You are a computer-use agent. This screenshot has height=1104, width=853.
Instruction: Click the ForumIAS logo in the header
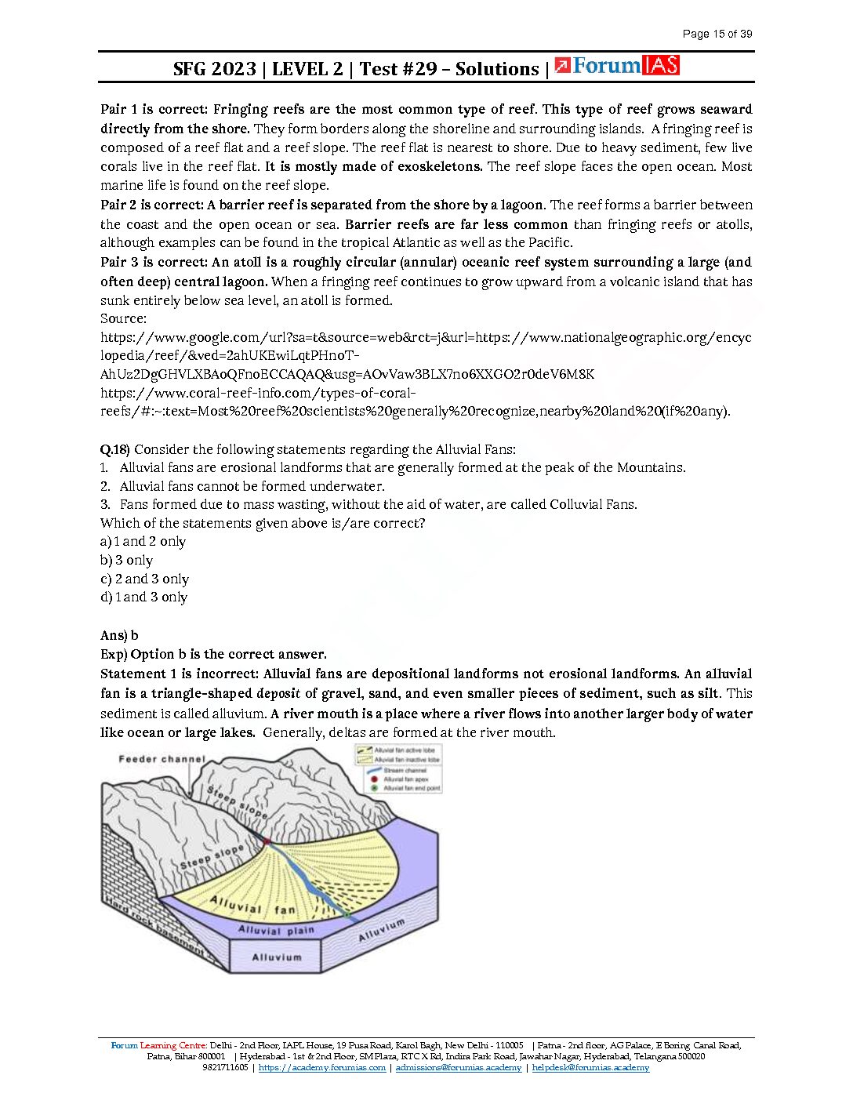click(617, 66)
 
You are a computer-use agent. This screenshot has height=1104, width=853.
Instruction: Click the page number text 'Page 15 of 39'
click(717, 34)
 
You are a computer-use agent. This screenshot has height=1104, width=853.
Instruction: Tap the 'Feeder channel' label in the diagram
click(162, 759)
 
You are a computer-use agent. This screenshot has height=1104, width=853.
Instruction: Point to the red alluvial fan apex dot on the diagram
click(267, 841)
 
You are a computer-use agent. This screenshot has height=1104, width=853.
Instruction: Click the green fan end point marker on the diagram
click(347, 913)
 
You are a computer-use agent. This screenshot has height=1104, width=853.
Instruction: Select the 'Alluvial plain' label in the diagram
click(276, 931)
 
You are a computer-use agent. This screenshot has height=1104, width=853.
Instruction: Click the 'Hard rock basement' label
click(154, 929)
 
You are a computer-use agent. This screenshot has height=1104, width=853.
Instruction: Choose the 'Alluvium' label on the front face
click(276, 957)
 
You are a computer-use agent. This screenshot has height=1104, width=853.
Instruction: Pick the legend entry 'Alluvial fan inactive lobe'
click(406, 760)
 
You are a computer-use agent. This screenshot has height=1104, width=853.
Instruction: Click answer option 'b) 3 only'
click(126, 560)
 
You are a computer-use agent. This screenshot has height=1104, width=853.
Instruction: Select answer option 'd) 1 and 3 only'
click(143, 597)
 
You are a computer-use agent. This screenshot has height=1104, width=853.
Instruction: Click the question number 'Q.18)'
click(114, 449)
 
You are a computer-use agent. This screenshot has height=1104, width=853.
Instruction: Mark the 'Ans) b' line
click(119, 635)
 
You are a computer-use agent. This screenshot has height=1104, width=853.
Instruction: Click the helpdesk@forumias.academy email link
click(590, 1067)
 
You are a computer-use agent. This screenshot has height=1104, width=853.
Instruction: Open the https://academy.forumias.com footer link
click(321, 1067)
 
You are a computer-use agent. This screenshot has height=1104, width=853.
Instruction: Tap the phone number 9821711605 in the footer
click(225, 1067)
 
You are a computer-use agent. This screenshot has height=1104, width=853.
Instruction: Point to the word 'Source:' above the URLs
click(123, 318)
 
